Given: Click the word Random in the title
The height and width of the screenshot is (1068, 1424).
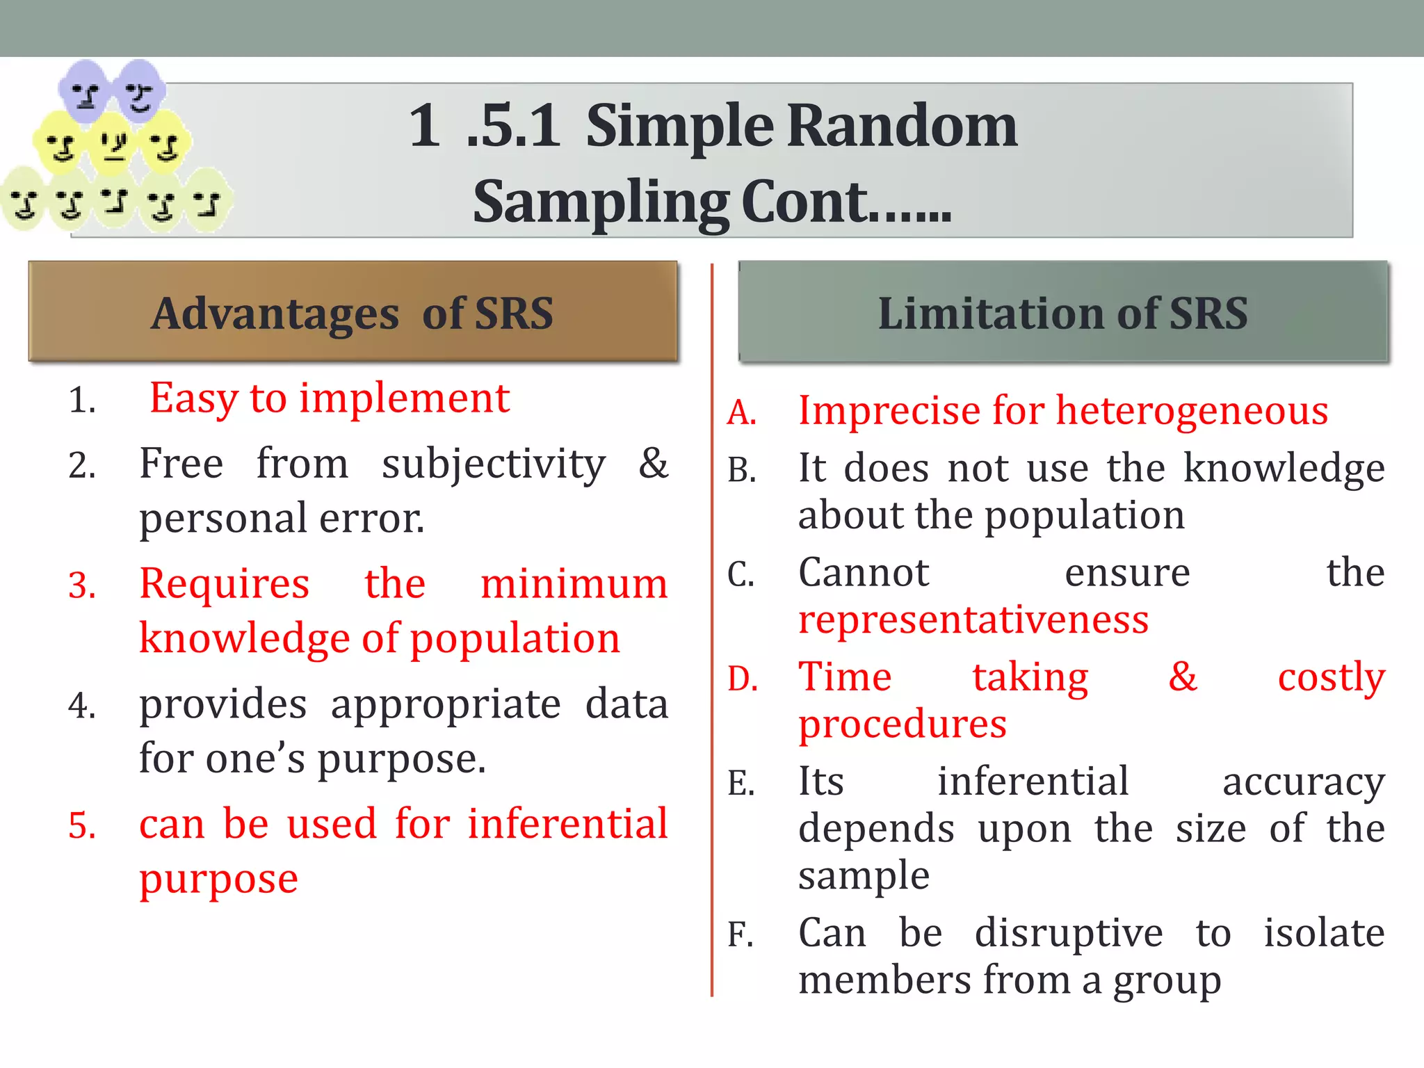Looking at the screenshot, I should click(902, 127).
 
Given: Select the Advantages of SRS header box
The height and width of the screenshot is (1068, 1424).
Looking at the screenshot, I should click(353, 311).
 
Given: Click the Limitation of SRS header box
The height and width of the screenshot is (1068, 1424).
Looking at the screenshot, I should click(1062, 311).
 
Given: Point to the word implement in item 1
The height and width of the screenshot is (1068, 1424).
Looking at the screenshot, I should click(405, 399).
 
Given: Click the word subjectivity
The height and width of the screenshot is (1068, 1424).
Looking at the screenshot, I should click(494, 464).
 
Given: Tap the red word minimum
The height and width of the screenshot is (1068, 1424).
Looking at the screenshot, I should click(574, 583).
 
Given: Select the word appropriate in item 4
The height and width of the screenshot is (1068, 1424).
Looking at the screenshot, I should click(446, 704).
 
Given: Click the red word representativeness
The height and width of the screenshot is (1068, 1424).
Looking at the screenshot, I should click(973, 620).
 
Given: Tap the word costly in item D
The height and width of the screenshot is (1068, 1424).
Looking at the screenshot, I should click(1331, 678).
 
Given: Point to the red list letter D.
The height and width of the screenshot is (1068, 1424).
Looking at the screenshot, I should click(742, 679).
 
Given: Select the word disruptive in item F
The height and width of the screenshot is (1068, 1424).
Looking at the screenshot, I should click(1068, 933).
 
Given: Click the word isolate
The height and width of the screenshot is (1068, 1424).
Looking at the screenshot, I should click(1324, 933).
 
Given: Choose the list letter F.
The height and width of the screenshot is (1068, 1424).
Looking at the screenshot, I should click(741, 935).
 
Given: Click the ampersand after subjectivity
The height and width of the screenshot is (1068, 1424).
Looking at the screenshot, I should click(653, 463).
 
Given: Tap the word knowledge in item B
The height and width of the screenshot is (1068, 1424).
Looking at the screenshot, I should click(1284, 468).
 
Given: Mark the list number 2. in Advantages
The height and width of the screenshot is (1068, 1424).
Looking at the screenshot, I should click(82, 466).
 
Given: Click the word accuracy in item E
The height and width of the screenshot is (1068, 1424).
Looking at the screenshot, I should click(1303, 782).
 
